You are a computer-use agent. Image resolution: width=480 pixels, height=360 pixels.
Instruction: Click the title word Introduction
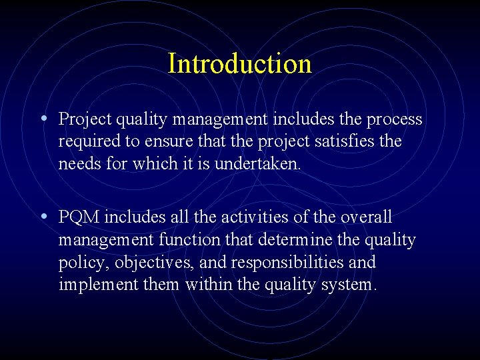pyautogui.click(x=239, y=64)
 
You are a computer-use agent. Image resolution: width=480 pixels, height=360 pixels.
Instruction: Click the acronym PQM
pyautogui.click(x=79, y=217)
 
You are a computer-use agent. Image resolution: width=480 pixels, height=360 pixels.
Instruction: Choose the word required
pyautogui.click(x=87, y=142)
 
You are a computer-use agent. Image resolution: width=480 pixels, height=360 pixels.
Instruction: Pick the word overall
pyautogui.click(x=366, y=217)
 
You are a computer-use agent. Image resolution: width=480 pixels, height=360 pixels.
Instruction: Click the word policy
pyautogui.click(x=83, y=263)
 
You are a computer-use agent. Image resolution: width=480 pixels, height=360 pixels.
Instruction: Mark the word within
pyautogui.click(x=207, y=285)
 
